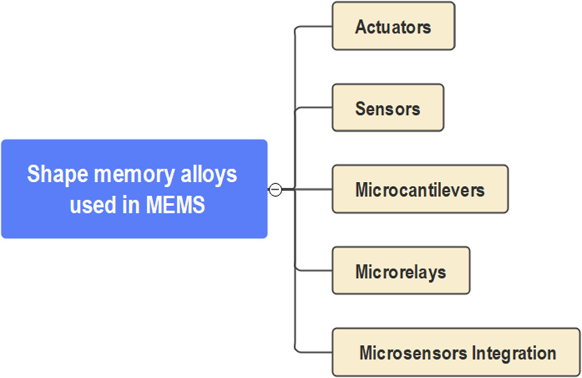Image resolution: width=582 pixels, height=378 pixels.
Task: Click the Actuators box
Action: click(x=393, y=26)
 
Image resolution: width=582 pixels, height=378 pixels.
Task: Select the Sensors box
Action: click(x=387, y=108)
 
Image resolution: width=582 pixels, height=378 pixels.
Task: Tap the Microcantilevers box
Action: click(x=419, y=189)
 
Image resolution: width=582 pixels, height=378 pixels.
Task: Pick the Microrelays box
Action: click(x=401, y=270)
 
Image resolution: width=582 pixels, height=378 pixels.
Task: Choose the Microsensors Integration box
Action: click(x=457, y=352)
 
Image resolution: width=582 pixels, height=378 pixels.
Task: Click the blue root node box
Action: click(x=134, y=189)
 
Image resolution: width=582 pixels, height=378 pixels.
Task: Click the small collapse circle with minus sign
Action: click(x=275, y=189)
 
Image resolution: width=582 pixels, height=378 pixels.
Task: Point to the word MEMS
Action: click(x=176, y=205)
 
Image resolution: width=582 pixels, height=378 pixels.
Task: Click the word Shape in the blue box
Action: click(x=52, y=174)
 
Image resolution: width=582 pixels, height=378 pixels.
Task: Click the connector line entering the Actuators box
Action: click(x=315, y=26)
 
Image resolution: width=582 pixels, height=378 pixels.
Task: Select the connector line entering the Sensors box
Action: click(x=315, y=108)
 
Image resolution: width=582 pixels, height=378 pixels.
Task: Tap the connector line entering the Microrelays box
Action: click(x=315, y=270)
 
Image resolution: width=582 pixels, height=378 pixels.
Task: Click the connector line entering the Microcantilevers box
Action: click(x=315, y=189)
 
